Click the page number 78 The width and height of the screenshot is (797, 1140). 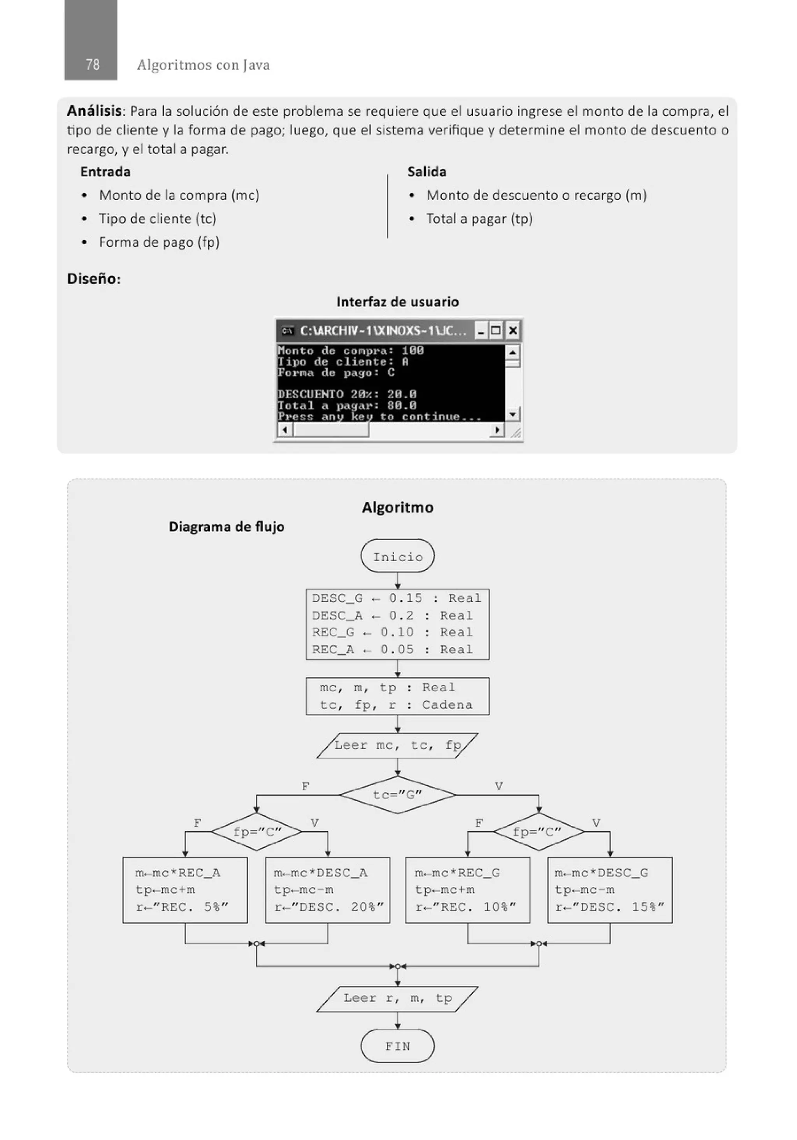click(92, 65)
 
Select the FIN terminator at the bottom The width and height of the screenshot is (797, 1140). click(397, 1046)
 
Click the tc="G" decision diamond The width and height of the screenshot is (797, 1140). click(397, 795)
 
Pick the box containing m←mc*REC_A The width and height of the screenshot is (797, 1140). click(185, 890)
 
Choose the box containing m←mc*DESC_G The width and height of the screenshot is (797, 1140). click(610, 890)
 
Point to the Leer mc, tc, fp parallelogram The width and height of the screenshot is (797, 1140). click(397, 745)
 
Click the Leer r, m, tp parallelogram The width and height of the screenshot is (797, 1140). click(397, 998)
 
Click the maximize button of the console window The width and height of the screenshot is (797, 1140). click(496, 330)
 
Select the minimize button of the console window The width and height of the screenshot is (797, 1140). click(481, 330)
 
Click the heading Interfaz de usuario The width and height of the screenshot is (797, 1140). click(397, 302)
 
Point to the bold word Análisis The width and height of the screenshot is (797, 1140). click(95, 111)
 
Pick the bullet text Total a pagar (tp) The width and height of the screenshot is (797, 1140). click(479, 219)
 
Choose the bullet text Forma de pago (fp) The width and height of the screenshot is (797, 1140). click(159, 242)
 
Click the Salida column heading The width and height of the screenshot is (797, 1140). click(427, 172)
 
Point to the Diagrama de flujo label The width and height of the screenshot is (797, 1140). click(226, 527)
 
